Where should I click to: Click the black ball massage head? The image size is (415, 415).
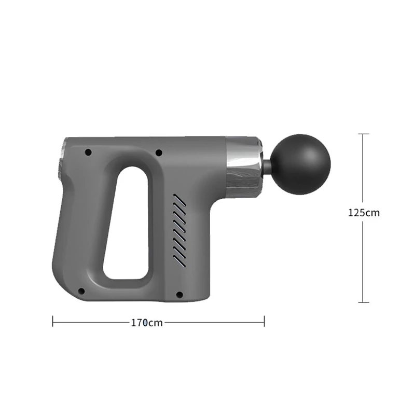pos(301,164)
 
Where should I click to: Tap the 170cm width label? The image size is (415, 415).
pos(147,323)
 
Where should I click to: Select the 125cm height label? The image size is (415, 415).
pos(364,213)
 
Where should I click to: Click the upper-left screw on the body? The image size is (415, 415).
pos(88,153)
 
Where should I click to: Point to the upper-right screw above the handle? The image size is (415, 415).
pos(159,153)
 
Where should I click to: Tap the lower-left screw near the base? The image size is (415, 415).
pos(81,292)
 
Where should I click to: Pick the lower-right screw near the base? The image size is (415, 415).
pos(179,294)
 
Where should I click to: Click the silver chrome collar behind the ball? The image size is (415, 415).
pos(244,167)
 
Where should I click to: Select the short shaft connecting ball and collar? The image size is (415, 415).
pos(267,164)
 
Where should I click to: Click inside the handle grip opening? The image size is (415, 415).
pos(127,223)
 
